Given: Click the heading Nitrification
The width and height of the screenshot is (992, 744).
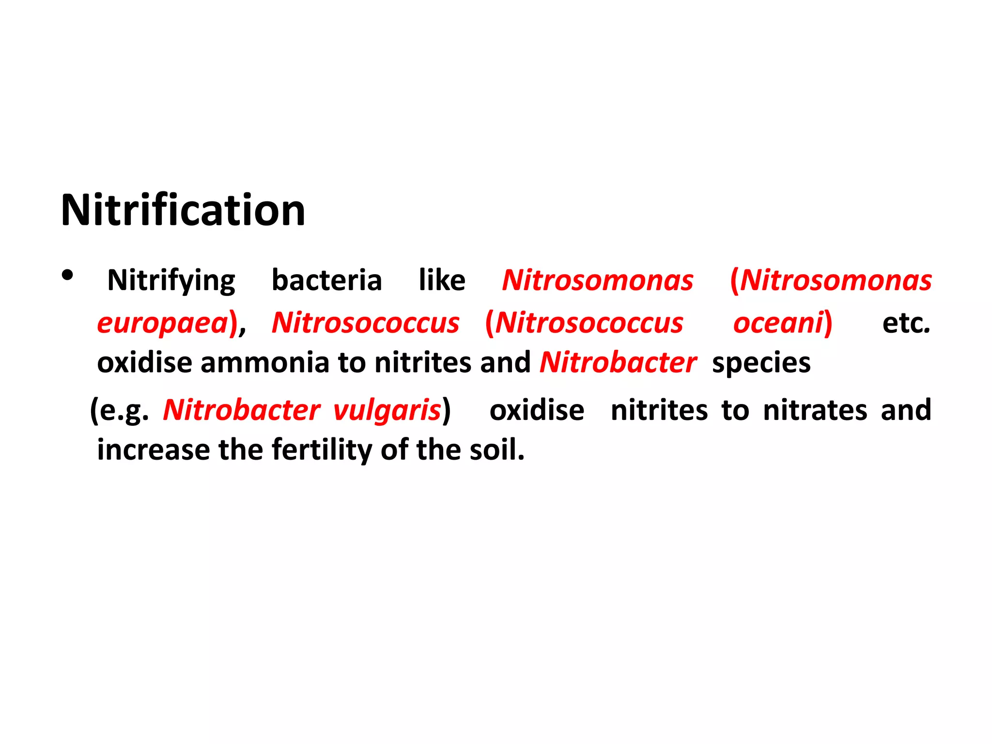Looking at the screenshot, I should [x=183, y=210].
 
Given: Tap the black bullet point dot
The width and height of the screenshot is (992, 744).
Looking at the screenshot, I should [x=68, y=276].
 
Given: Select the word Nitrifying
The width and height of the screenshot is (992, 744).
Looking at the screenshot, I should [x=171, y=281].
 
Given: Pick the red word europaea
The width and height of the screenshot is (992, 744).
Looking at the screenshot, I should [x=162, y=324].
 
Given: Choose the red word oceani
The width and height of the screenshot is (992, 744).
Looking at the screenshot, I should [x=778, y=323].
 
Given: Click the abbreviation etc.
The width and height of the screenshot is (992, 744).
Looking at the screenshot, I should [x=906, y=323].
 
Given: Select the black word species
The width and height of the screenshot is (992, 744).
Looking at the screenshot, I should [x=761, y=363].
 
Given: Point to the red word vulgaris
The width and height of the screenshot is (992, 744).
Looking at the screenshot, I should [x=387, y=411].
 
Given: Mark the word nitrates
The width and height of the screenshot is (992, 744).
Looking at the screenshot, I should [x=815, y=410].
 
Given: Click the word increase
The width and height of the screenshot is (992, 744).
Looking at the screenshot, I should [x=153, y=449].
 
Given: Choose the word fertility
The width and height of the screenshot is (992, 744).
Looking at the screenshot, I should [x=322, y=449].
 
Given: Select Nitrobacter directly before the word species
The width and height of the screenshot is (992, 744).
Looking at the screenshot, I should [x=618, y=362].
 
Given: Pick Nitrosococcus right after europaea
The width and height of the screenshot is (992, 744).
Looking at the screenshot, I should [x=365, y=323].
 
